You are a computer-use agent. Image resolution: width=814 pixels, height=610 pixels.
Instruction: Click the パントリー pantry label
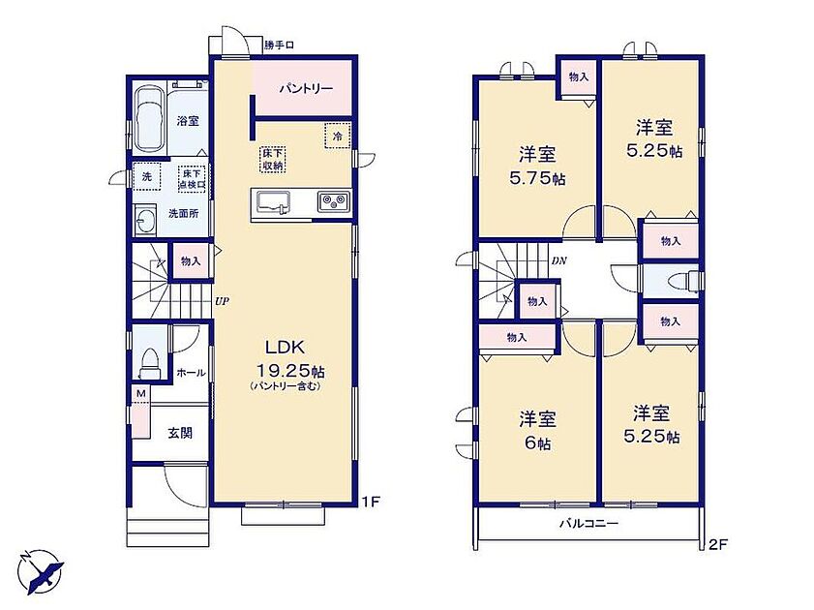[x=306, y=88]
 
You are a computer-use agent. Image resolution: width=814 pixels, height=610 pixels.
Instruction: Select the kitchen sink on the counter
[x=272, y=201]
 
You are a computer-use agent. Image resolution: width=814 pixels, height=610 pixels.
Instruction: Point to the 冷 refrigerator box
[x=338, y=136]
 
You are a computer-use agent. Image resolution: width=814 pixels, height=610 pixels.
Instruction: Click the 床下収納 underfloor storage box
[x=273, y=160]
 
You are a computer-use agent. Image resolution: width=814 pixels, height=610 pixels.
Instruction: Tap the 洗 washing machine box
[x=147, y=177]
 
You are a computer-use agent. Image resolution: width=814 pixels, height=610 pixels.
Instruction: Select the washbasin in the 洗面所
[x=142, y=220]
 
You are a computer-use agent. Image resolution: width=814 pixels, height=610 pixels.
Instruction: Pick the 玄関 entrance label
[x=180, y=433]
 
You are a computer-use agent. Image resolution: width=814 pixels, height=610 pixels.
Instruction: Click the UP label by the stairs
[x=222, y=300]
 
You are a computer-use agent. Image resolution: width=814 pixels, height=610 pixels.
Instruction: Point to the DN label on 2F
[x=559, y=261]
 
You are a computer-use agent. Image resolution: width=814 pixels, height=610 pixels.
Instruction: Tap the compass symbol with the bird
[x=41, y=571]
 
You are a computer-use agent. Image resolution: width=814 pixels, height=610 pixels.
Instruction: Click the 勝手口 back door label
[x=280, y=46]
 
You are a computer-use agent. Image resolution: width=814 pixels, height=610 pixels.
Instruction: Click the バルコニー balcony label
[x=588, y=523]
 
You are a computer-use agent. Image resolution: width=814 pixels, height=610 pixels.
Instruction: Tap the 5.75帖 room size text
[x=538, y=179]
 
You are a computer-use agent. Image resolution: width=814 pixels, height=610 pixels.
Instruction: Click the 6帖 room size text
[x=537, y=443]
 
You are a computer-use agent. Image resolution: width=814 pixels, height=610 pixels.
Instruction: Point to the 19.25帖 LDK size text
[x=290, y=371]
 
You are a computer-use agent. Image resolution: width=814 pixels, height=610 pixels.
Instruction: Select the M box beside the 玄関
[x=140, y=394]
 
